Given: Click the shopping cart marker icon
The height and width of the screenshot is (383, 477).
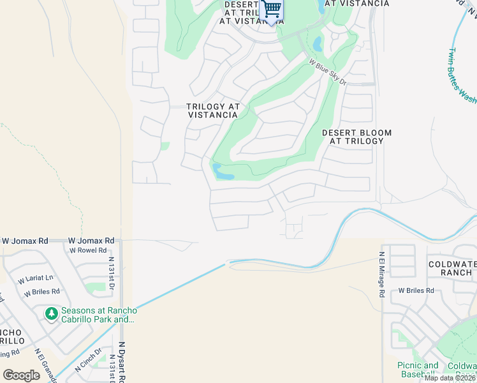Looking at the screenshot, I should pyautogui.click(x=272, y=10).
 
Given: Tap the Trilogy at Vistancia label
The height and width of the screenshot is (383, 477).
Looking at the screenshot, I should pyautogui.click(x=213, y=111).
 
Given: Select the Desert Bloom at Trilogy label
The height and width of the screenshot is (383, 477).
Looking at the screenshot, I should pyautogui.click(x=356, y=137).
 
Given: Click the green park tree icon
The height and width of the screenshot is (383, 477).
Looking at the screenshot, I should pyautogui.click(x=52, y=313).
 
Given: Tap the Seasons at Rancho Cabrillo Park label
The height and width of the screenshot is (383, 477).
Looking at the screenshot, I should pyautogui.click(x=98, y=315).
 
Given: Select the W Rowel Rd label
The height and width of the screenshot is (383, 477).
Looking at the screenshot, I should pyautogui.click(x=88, y=250).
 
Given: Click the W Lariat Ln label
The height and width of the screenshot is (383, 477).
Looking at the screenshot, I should pyautogui.click(x=36, y=279).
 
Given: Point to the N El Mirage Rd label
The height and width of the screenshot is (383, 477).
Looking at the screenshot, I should pyautogui.click(x=382, y=274).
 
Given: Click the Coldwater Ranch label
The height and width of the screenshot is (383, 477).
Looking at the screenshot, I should pyautogui.click(x=450, y=267).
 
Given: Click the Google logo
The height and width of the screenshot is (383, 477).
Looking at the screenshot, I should pyautogui.click(x=21, y=375).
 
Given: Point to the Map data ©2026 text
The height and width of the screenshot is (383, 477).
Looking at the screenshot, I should pyautogui.click(x=450, y=378).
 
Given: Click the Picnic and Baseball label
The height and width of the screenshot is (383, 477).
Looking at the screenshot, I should pyautogui.click(x=418, y=370).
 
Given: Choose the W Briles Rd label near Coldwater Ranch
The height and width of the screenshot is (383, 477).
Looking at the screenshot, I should pyautogui.click(x=416, y=290).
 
